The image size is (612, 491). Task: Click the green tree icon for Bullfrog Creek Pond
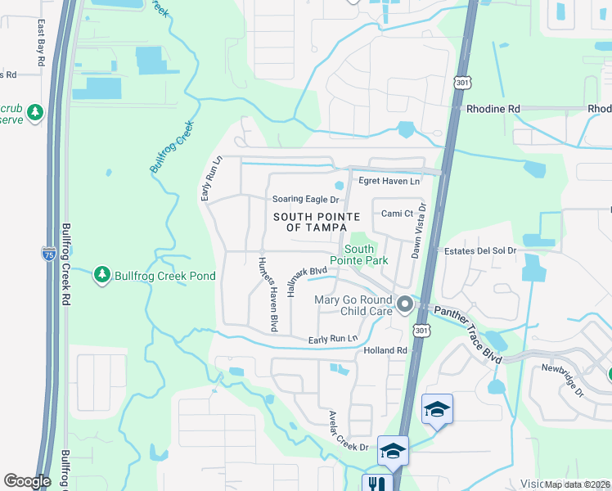102,276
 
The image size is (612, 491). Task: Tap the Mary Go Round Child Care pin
404,305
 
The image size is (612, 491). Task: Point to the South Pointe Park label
365,255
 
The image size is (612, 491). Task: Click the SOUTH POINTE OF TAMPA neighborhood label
309,221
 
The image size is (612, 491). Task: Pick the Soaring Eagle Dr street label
304,199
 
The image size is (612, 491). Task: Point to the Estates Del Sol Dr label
479,250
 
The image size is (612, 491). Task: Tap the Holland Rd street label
385,350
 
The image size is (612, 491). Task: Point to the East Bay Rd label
40,45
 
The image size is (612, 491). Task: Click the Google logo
27,481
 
